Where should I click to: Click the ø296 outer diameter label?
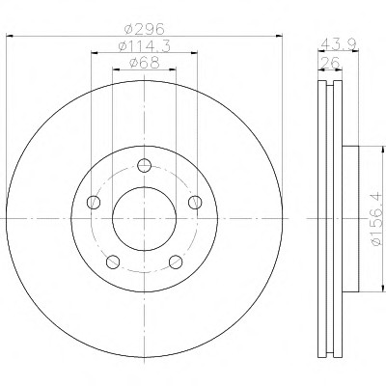(145, 29)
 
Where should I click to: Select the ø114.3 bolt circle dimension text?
(144, 46)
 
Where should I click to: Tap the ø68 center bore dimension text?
(144, 63)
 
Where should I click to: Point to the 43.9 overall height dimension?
(339, 43)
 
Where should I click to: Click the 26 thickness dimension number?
(331, 63)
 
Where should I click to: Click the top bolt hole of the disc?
(144, 166)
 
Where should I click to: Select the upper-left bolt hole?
(94, 203)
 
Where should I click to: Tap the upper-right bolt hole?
(195, 203)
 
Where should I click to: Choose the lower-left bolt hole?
(113, 262)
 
